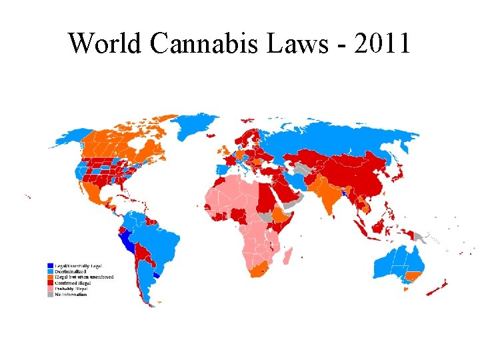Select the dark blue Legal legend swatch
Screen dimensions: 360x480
(50, 266)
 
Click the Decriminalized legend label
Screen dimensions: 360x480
(71, 271)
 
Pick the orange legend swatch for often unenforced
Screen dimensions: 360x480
(50, 277)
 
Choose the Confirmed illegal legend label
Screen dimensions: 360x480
(73, 283)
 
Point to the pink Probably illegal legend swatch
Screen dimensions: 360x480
(50, 288)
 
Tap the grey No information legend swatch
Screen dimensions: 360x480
(50, 294)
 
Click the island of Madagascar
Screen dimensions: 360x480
(287, 256)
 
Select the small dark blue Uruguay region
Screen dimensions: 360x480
(157, 274)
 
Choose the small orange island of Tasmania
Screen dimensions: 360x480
(407, 288)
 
